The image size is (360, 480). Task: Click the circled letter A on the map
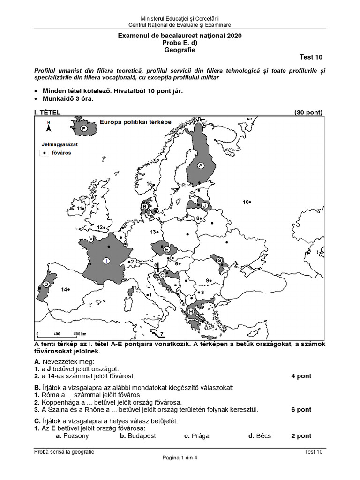(x=201, y=165)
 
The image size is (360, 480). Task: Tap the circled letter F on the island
(x=84, y=128)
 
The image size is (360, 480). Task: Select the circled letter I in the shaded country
(x=106, y=261)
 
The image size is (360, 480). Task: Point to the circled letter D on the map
(x=46, y=285)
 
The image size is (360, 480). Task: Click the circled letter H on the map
(x=191, y=311)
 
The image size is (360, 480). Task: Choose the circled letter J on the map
(x=204, y=204)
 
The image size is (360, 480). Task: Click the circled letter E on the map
(x=166, y=250)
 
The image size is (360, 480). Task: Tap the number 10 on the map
(x=246, y=202)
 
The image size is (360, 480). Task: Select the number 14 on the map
(x=64, y=290)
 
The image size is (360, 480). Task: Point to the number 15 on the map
(x=149, y=184)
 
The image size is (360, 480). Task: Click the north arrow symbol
(x=48, y=127)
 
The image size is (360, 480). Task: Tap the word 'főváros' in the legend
(x=61, y=153)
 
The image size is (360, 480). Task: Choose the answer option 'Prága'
(x=197, y=435)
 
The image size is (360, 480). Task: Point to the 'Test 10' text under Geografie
(x=311, y=57)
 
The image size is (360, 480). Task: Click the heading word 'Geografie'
(x=180, y=50)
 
